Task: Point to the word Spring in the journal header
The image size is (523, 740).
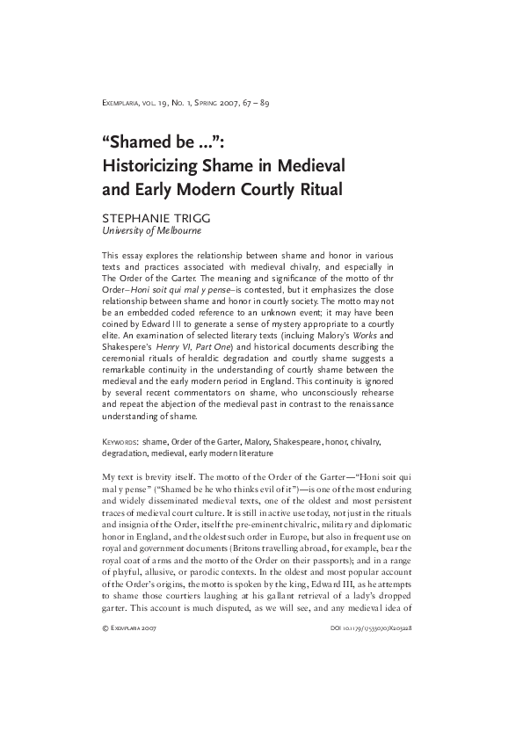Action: [211, 104]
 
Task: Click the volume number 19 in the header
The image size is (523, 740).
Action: [158, 104]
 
